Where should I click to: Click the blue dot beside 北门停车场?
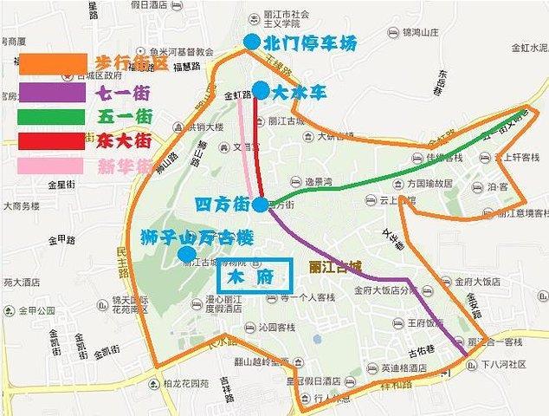[251, 42]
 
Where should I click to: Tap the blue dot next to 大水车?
[260, 89]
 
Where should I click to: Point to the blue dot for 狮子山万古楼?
[186, 253]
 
